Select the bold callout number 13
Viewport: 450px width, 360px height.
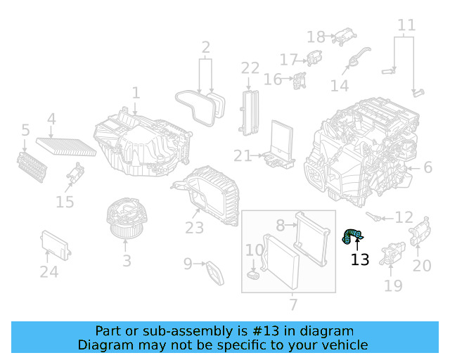pos(359,260)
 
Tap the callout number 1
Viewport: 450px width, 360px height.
pos(136,93)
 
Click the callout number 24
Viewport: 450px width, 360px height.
pos(49,272)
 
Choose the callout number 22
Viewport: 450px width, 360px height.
pos(250,68)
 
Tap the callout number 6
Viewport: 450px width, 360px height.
pos(427,167)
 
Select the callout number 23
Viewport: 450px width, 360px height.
pos(194,228)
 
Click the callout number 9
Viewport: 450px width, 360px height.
pos(188,264)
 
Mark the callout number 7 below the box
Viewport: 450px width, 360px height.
pos(293,304)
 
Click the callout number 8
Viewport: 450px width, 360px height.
pos(280,226)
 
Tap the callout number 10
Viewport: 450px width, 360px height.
pos(254,250)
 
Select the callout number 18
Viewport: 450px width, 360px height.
pos(316,37)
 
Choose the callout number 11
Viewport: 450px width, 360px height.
pos(406,27)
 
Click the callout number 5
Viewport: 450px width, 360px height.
pos(25,130)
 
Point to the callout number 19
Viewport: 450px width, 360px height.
pos(393,285)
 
